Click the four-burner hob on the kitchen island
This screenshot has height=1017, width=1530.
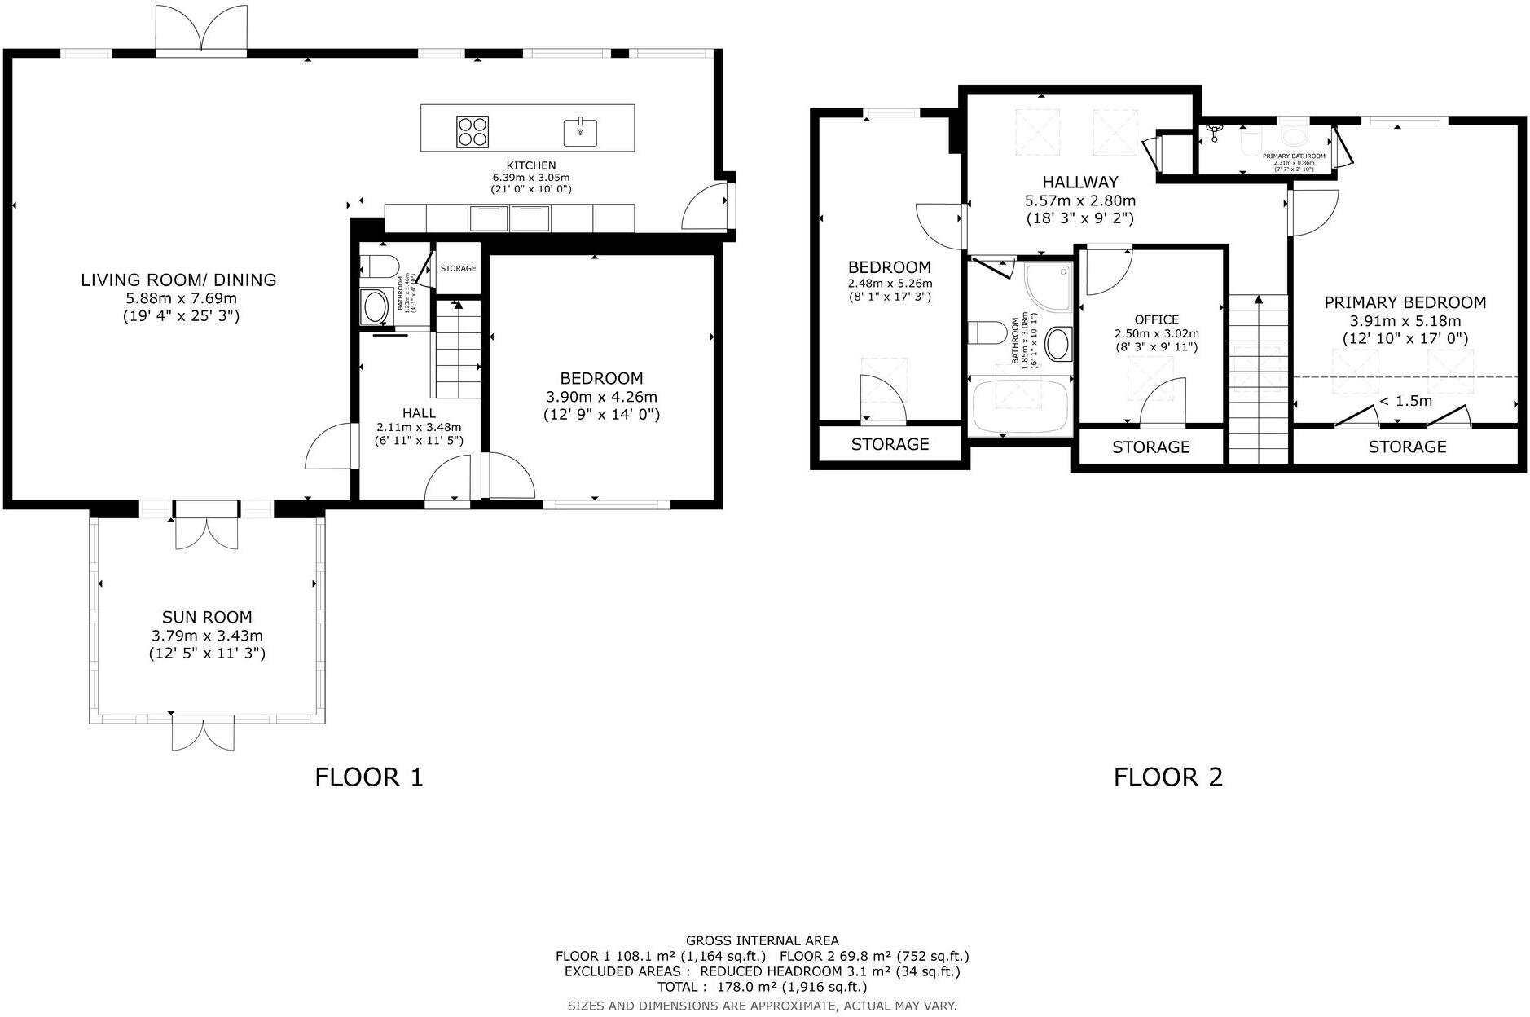[x=473, y=132]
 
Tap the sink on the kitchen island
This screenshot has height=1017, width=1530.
[x=580, y=132]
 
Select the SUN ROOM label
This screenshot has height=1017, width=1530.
[x=207, y=617]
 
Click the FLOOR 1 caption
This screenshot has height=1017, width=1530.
[x=369, y=777]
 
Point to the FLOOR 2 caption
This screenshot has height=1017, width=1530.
[x=1167, y=777]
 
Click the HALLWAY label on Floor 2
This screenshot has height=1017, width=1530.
[x=1079, y=182]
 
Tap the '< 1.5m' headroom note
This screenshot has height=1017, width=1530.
[x=1405, y=401]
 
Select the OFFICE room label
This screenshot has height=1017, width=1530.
[x=1156, y=319]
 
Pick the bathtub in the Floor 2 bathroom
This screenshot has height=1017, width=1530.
[x=1020, y=405]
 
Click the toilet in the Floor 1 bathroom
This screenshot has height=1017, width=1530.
[x=379, y=266]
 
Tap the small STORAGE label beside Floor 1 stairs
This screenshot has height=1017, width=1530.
[x=458, y=268]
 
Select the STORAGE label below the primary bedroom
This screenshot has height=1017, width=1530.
[x=1407, y=447]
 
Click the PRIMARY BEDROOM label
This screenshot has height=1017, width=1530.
[x=1405, y=302]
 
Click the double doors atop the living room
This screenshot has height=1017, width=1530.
[x=201, y=29]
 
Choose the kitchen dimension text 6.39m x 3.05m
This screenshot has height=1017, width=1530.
[x=530, y=177]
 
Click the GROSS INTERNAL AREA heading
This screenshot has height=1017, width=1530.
[x=762, y=940]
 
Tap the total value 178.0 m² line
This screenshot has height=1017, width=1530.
[x=762, y=987]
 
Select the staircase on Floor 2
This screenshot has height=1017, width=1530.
[x=1259, y=379]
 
